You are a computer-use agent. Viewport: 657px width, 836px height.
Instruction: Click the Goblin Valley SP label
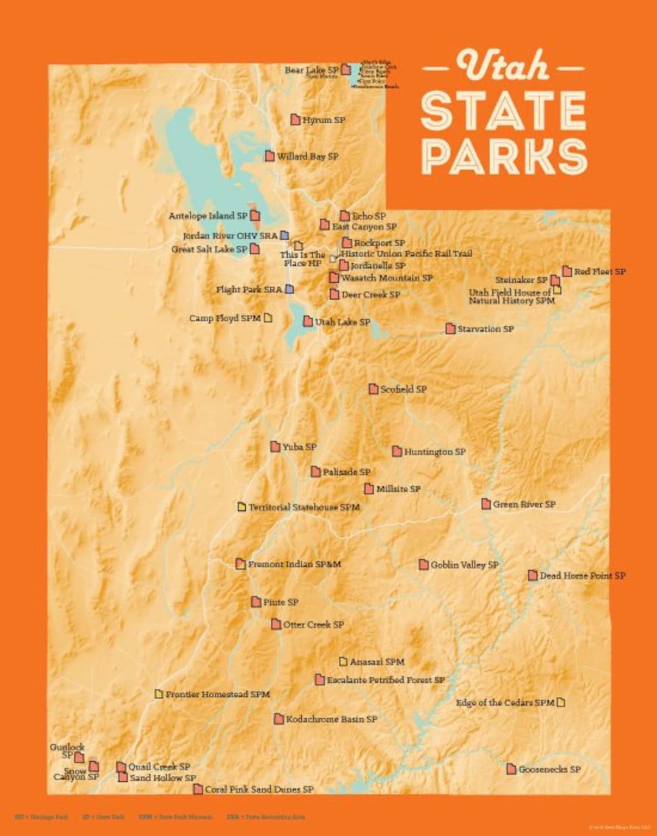[x=464, y=565]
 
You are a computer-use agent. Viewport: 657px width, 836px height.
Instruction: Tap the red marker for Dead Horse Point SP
[x=532, y=575]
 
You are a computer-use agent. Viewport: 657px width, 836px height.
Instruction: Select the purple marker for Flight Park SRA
[x=290, y=289]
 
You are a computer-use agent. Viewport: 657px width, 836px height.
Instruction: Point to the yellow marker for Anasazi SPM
[x=343, y=662]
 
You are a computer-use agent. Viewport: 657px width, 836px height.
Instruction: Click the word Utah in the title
[x=503, y=66]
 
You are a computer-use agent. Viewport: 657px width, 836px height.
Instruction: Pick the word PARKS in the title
[x=504, y=156]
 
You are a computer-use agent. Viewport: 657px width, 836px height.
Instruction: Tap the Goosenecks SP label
[x=549, y=769]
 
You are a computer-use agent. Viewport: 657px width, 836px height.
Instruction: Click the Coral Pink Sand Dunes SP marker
[x=198, y=789]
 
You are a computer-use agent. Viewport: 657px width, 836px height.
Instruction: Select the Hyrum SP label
[x=324, y=120]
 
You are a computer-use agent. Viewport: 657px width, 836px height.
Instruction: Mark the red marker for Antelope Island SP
[x=255, y=215]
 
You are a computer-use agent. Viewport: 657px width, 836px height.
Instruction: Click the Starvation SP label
[x=485, y=329]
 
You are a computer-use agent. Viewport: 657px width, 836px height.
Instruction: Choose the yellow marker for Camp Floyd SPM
[x=268, y=318]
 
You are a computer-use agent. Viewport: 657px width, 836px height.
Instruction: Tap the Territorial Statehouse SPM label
[x=304, y=507]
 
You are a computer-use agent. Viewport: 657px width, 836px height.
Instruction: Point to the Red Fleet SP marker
[x=567, y=271]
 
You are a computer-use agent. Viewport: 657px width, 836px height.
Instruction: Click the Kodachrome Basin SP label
[x=332, y=719]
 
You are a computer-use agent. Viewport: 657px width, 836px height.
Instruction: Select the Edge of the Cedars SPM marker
[x=561, y=702]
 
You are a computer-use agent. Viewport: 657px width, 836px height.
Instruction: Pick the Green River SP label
[x=524, y=504]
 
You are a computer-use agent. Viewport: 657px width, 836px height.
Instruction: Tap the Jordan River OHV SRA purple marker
[x=284, y=235]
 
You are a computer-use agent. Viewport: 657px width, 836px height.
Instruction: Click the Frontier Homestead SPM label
[x=217, y=694]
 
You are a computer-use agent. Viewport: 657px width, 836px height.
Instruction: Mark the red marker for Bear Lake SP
[x=346, y=69]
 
